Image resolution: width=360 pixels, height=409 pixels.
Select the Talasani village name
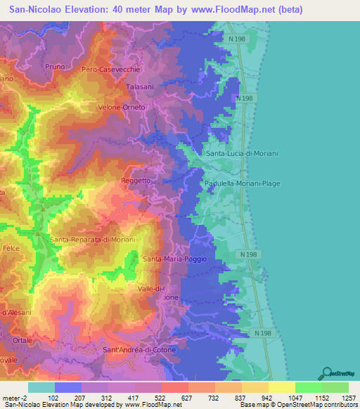pyautogui.click(x=140, y=86)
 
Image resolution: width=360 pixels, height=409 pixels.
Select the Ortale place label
pyautogui.click(x=22, y=339)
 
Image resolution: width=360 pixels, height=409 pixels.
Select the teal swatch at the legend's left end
pyautogui.click(x=41, y=387)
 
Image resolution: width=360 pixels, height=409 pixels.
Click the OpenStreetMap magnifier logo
pyautogui.click(x=326, y=372)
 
